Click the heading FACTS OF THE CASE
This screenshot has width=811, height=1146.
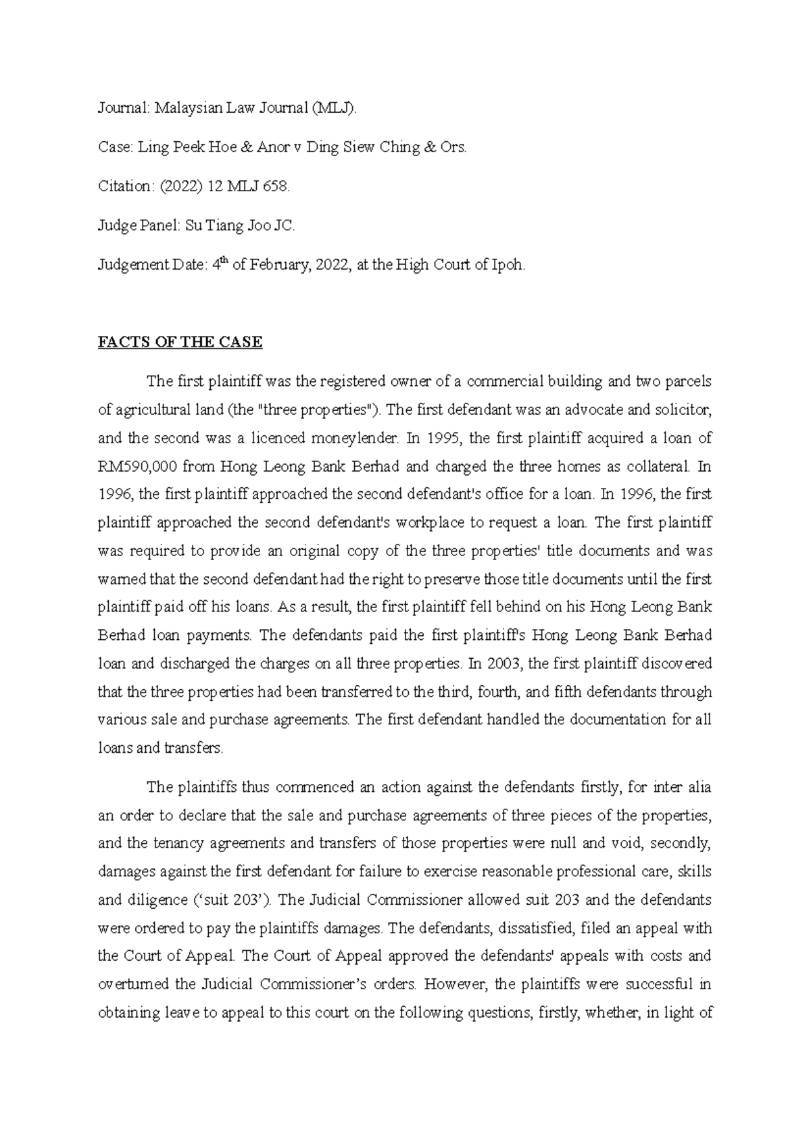pos(180,343)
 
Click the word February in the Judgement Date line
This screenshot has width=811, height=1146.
pos(280,265)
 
